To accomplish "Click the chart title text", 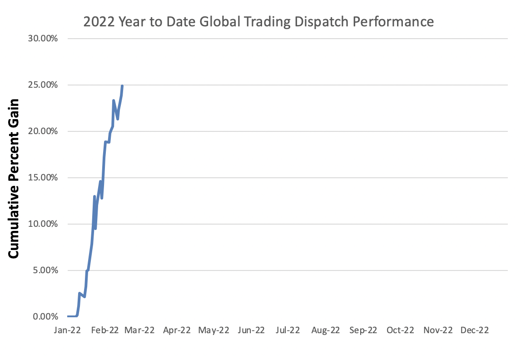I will (258, 22).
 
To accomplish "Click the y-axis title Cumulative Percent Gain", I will (15, 179).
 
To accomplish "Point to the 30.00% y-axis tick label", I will (43, 39).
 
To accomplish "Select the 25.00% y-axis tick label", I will (43, 85).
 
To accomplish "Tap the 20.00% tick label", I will (43, 131).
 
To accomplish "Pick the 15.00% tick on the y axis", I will (43, 178).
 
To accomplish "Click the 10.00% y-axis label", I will (43, 224).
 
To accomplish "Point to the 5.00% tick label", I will (45, 270).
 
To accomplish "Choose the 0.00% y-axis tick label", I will (45, 317).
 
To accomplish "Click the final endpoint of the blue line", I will (122, 86).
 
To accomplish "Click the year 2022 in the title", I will (96, 22).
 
